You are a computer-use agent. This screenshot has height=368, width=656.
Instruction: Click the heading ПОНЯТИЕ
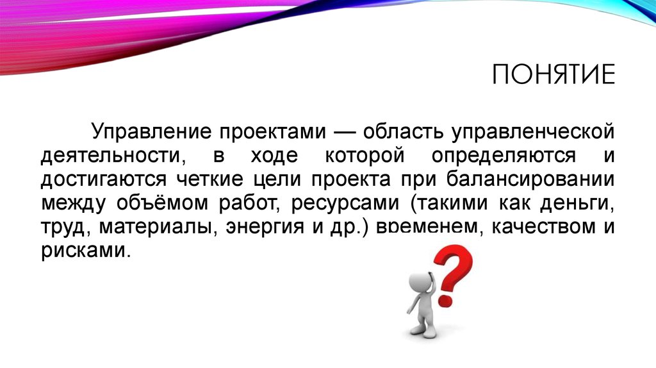tap(553, 74)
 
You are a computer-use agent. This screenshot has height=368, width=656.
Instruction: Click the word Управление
tap(151, 131)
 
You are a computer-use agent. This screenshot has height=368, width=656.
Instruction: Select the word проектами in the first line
tap(272, 132)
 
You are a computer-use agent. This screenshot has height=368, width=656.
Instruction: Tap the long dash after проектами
tap(344, 132)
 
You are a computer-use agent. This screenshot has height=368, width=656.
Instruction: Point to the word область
tap(403, 131)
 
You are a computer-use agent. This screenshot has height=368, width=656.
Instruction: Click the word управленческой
tap(532, 132)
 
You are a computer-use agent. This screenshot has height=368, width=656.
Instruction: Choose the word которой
tap(365, 156)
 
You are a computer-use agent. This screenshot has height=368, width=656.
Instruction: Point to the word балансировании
tap(530, 179)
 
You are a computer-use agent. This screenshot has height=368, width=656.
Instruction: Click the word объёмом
tap(162, 203)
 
